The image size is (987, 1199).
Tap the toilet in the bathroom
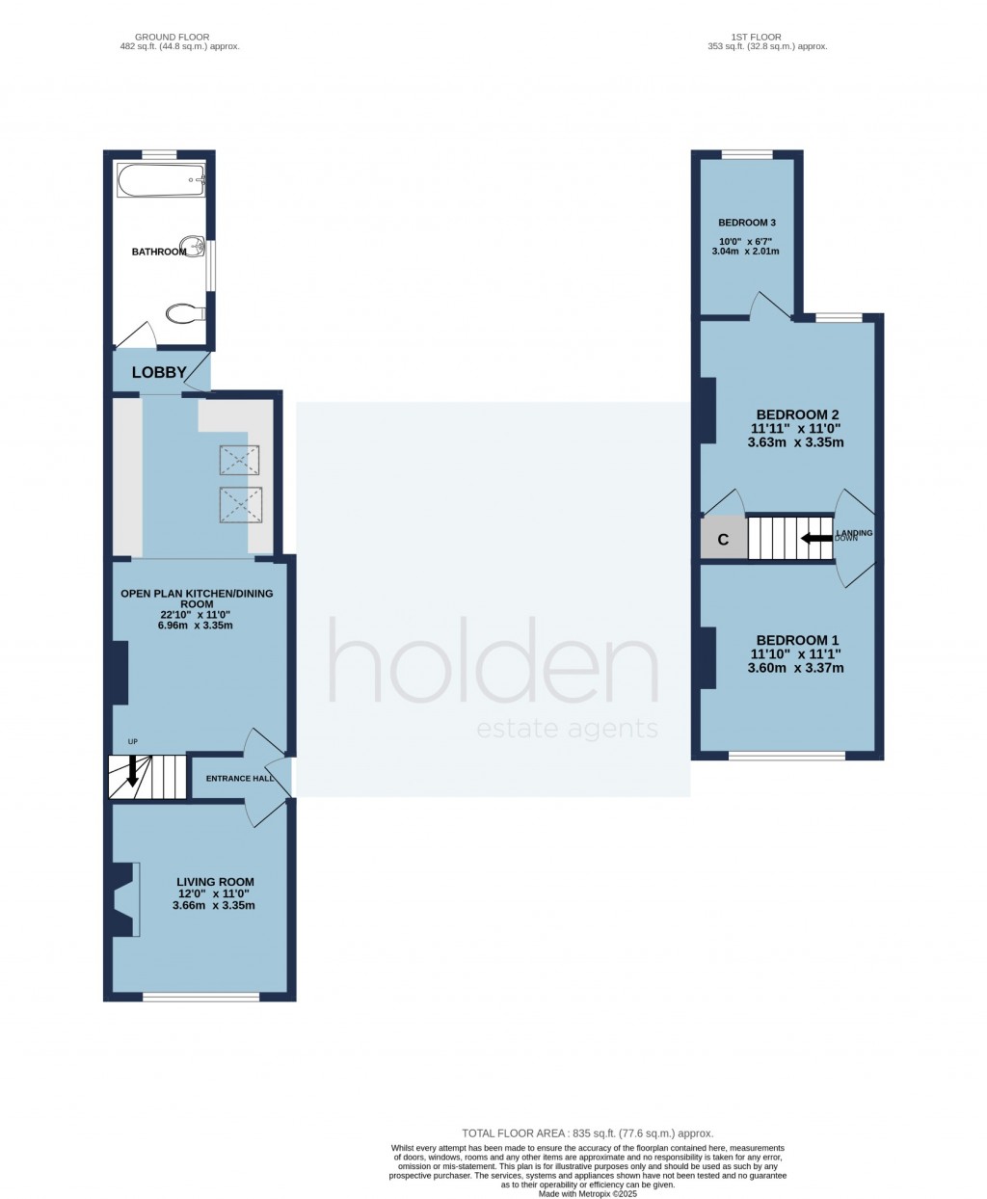point(185,312)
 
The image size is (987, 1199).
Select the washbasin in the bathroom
point(196,248)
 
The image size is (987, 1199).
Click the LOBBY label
point(159,373)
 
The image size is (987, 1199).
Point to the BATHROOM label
point(159,252)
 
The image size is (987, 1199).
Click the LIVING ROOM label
point(215,881)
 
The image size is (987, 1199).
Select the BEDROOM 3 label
point(747,223)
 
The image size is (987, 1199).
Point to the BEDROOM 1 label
point(797,640)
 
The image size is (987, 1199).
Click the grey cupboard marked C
point(723,540)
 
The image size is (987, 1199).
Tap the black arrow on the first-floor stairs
point(818,540)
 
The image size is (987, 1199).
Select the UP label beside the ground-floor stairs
point(133,741)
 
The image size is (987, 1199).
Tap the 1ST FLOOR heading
point(766,37)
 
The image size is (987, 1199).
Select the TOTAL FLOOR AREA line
point(588,1134)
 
